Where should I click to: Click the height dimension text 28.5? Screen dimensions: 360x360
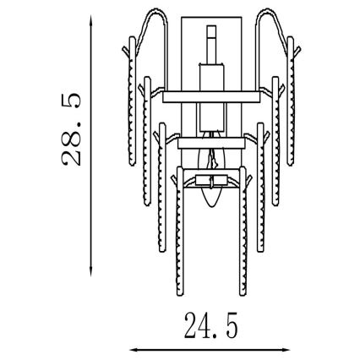(x=73, y=129)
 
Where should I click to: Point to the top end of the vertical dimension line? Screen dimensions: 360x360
(x=90, y=19)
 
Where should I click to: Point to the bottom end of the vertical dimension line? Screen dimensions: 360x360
(x=90, y=272)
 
